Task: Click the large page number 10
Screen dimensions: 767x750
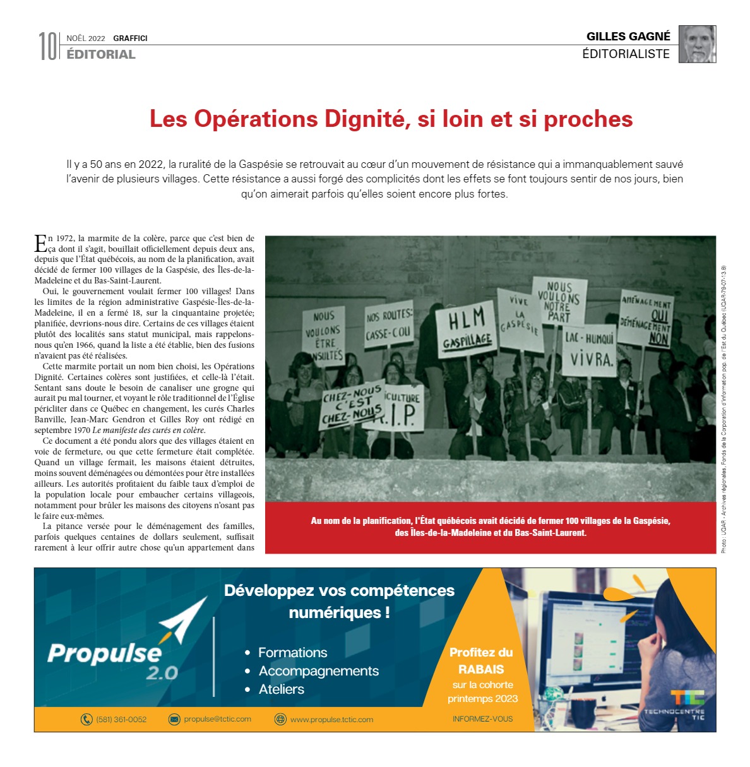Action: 48,46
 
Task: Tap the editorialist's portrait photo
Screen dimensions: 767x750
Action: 697,44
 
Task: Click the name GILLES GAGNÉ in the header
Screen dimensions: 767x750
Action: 628,37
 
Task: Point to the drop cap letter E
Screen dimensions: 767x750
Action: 40,242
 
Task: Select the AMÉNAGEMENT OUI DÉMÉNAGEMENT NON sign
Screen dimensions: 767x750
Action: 645,319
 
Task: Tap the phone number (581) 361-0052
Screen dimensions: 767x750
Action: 121,719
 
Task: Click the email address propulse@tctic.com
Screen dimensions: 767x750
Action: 217,719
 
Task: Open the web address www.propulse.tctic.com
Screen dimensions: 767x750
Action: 331,720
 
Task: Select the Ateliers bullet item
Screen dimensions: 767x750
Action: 281,689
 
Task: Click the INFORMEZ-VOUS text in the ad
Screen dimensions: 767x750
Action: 482,719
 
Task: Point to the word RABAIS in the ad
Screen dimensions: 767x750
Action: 481,669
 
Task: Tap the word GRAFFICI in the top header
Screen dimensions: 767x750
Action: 130,39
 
